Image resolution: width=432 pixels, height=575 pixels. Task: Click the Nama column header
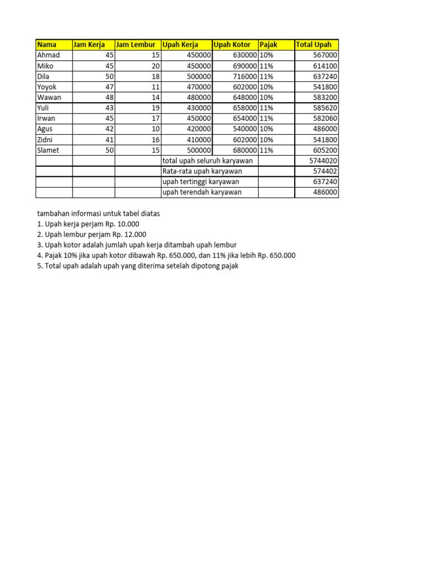pyautogui.click(x=47, y=45)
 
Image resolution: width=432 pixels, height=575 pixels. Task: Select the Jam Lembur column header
pyautogui.click(x=136, y=45)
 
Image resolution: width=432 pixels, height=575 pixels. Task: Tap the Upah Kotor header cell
pyautogui.click(x=232, y=45)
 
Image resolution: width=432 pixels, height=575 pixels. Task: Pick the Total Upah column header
pyautogui.click(x=313, y=45)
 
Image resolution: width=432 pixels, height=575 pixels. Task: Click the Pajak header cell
pyautogui.click(x=268, y=45)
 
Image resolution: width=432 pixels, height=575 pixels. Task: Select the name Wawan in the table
pyautogui.click(x=49, y=97)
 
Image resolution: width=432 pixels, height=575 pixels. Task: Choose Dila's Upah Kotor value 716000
pyautogui.click(x=245, y=76)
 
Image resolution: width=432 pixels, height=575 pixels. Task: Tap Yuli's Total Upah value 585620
pyautogui.click(x=325, y=108)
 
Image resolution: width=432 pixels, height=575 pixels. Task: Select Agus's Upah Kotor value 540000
pyautogui.click(x=245, y=129)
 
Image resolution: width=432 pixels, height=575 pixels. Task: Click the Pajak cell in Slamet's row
pyautogui.click(x=267, y=150)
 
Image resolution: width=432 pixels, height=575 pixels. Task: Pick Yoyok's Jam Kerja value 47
pyautogui.click(x=109, y=87)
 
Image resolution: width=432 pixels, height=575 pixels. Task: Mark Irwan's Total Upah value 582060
pyautogui.click(x=325, y=118)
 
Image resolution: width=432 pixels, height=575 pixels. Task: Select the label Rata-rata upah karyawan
pyautogui.click(x=202, y=171)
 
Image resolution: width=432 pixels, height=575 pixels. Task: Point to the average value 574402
pyautogui.click(x=325, y=171)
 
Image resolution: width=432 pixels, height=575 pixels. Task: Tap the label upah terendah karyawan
pyautogui.click(x=202, y=192)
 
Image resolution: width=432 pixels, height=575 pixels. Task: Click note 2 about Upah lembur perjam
pyautogui.click(x=92, y=234)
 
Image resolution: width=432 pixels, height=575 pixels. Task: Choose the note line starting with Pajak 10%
pyautogui.click(x=166, y=255)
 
